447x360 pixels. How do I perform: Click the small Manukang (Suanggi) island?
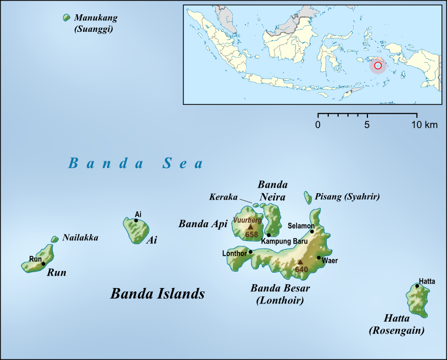tap(67, 18)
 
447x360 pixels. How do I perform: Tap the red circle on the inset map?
tap(377, 66)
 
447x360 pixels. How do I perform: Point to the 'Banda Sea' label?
tap(135, 163)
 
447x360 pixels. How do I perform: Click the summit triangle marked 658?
tap(251, 226)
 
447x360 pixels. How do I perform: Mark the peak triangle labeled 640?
tap(300, 262)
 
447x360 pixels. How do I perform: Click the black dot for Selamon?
tap(312, 232)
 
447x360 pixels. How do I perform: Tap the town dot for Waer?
tap(319, 257)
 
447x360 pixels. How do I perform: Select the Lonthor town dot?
tap(250, 252)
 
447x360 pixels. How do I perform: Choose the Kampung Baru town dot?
tap(269, 235)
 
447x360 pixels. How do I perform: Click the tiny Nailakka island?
tap(54, 239)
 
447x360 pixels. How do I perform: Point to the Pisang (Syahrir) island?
tap(308, 196)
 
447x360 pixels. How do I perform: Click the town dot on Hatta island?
tap(417, 286)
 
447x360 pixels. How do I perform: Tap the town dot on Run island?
tap(43, 264)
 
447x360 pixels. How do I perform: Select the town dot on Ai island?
tap(136, 221)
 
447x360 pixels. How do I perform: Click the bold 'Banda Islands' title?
tap(158, 294)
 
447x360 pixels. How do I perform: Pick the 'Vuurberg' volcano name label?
tap(247, 220)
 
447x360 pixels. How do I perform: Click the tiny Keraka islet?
tap(255, 205)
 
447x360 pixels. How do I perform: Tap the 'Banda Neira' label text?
tap(273, 190)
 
